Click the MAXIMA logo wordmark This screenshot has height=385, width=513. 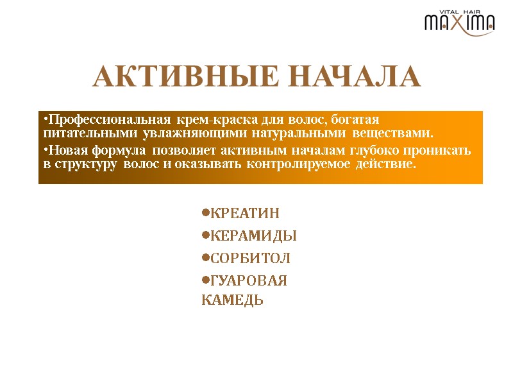(460, 24)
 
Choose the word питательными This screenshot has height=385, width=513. (88, 134)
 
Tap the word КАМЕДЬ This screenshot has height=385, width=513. (233, 300)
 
